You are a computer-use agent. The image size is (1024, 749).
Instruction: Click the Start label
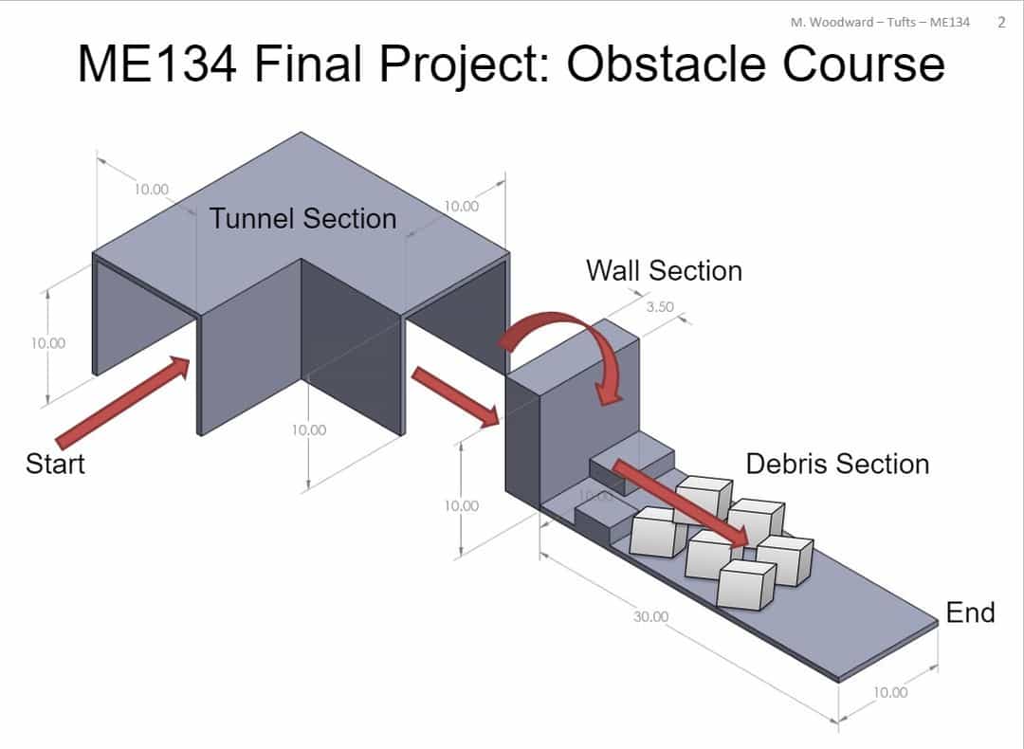coord(55,464)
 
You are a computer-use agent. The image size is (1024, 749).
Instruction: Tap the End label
coord(970,612)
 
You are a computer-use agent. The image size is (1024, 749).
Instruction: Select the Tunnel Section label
coord(302,218)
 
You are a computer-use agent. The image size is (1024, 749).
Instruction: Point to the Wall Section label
coord(664,270)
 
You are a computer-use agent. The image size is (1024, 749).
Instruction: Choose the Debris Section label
coord(837,464)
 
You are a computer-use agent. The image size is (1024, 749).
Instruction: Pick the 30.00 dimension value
coord(651,616)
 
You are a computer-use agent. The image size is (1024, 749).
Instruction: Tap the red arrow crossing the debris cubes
coord(679,502)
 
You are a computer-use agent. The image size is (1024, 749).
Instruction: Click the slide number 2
coord(1001,22)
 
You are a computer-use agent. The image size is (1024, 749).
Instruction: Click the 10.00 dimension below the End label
coord(889,692)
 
